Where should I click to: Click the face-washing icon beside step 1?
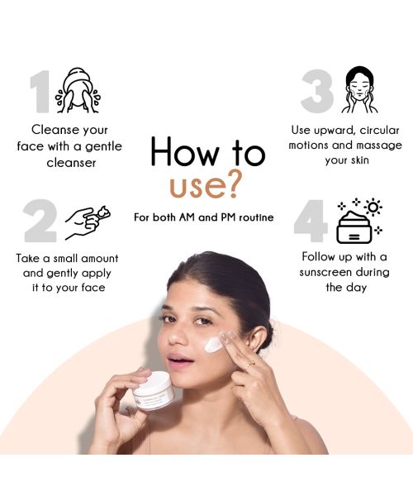(78, 90)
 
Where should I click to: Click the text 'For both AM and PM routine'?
(203, 217)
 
